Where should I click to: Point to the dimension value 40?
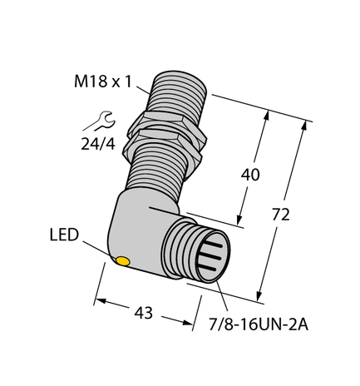tap(249, 176)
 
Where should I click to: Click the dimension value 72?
tap(281, 215)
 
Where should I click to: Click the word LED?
tap(62, 235)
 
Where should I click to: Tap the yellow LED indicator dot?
tap(122, 263)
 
